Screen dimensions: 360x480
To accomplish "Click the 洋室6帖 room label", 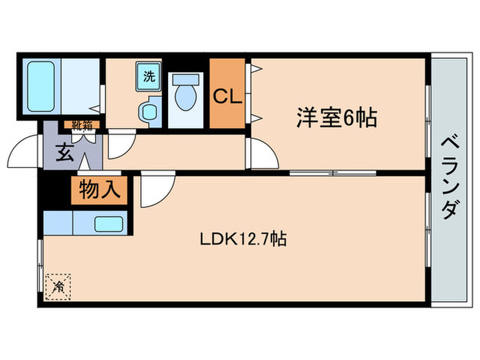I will [336, 119].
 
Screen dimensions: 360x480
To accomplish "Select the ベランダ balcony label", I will [448, 177].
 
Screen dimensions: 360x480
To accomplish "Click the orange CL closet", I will [226, 96].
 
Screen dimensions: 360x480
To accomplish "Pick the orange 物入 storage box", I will [99, 189].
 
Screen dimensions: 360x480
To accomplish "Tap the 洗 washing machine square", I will [149, 77].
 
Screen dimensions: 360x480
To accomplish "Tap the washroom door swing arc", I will [121, 144].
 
